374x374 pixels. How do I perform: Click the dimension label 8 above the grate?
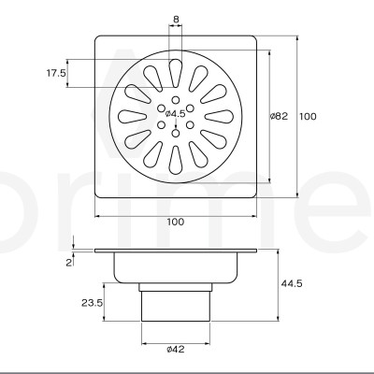(177, 18)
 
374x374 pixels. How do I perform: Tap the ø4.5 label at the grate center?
(176, 115)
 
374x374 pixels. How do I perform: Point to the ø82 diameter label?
(277, 117)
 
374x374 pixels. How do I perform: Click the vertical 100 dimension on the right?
(308, 117)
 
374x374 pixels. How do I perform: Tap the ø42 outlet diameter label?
(176, 350)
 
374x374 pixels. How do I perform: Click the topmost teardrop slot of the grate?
(176, 71)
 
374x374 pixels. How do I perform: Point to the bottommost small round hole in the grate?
(176, 134)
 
